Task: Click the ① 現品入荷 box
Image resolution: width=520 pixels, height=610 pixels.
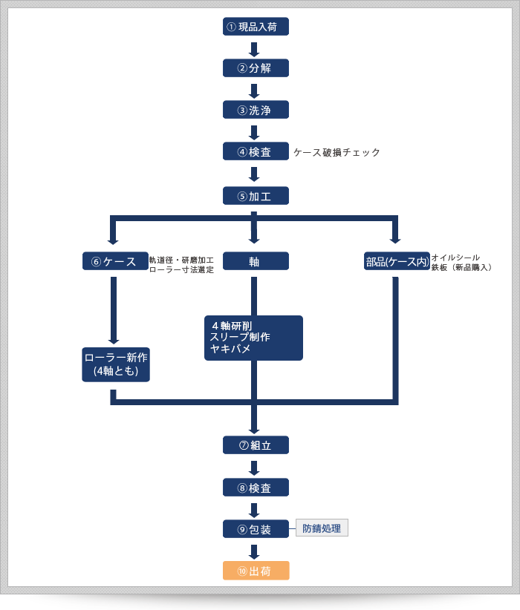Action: click(x=256, y=27)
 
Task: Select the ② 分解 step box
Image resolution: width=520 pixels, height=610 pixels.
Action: click(x=256, y=68)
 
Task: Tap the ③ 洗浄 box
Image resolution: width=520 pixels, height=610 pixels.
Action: click(x=256, y=110)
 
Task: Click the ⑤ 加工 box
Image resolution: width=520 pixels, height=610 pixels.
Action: click(x=256, y=196)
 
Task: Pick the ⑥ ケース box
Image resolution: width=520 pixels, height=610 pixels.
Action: click(x=114, y=261)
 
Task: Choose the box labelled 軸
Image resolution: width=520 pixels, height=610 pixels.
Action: click(x=256, y=261)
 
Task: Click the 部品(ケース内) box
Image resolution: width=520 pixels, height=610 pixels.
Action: click(x=397, y=261)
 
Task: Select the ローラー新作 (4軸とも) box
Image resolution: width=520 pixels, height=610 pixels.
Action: click(x=116, y=364)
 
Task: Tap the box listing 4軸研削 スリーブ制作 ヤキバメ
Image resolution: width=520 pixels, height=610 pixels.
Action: click(x=253, y=338)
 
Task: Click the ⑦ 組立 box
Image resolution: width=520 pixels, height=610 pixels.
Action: click(x=256, y=445)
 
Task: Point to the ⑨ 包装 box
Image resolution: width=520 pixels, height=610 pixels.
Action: click(x=256, y=529)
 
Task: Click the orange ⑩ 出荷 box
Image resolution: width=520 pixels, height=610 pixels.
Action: click(x=256, y=571)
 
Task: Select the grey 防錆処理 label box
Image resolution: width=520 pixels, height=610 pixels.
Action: click(x=322, y=528)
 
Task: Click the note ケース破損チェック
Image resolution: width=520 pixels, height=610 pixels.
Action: click(x=337, y=152)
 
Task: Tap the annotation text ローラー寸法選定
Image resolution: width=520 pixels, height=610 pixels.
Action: click(x=181, y=270)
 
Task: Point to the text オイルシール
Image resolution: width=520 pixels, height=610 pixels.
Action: click(x=455, y=257)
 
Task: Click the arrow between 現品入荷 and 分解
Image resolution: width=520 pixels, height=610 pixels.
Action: click(x=254, y=49)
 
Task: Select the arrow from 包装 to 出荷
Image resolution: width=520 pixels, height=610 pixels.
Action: click(x=254, y=551)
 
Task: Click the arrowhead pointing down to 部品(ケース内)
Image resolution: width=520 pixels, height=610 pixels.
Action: click(x=395, y=240)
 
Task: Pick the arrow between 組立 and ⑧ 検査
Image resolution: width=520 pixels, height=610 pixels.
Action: click(x=254, y=468)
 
